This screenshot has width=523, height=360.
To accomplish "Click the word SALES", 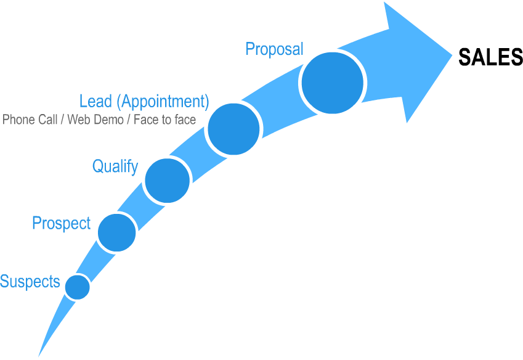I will (x=490, y=57).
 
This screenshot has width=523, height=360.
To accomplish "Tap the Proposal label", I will (x=274, y=49).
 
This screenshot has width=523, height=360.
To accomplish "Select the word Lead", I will (x=96, y=100).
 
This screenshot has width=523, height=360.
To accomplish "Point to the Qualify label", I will (x=115, y=166).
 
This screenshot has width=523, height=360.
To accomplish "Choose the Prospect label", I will (x=61, y=223).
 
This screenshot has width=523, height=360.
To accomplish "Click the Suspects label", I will (x=30, y=282).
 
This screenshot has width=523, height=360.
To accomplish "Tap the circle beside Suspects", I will (x=78, y=287).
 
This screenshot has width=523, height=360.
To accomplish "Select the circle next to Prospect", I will (x=116, y=232).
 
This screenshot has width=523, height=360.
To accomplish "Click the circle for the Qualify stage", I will (x=167, y=180).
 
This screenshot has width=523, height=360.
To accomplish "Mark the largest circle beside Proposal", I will (x=333, y=83).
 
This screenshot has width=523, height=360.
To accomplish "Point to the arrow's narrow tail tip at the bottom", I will (x=39, y=356).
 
